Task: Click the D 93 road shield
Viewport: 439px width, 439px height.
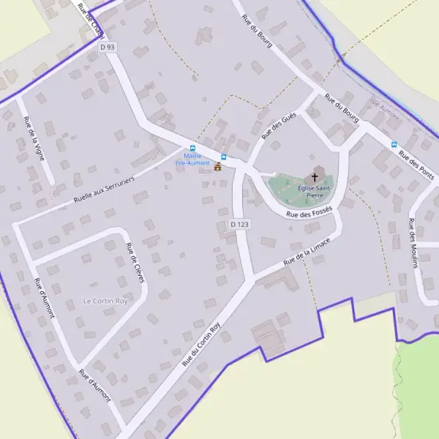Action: click(x=108, y=47)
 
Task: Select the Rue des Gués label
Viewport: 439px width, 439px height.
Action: click(x=278, y=127)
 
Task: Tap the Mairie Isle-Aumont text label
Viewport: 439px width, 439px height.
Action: click(x=193, y=159)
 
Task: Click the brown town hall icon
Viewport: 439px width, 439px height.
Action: click(x=217, y=167)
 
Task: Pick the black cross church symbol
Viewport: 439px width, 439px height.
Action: click(x=316, y=176)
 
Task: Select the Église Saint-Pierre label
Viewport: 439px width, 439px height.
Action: click(x=315, y=192)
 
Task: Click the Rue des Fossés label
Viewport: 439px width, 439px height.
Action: click(x=309, y=212)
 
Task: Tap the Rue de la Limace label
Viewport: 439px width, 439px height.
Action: click(x=307, y=249)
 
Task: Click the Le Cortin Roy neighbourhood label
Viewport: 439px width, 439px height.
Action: click(x=105, y=301)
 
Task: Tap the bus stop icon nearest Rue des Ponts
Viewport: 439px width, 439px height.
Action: click(x=394, y=145)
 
